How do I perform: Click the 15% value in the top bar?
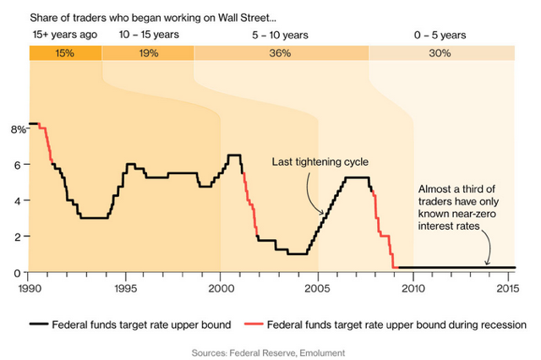coord(65,53)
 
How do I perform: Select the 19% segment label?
coord(147,53)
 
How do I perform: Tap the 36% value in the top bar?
coord(281,53)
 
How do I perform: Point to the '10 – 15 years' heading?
coord(147,35)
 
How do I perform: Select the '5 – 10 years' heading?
coord(281,35)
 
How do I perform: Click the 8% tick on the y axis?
coord(17,129)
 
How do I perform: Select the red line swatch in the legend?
coord(251,324)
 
